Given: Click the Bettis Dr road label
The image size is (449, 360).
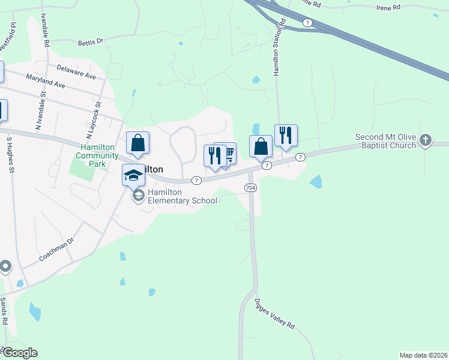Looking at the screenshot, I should pos(91,43).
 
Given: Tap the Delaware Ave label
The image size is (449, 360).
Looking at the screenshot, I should pos(77,72).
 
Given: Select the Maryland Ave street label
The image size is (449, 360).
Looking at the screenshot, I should pos(45,82).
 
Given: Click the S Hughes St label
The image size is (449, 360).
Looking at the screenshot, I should pos(10,155).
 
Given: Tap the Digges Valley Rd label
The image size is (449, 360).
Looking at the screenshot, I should pos(275,313).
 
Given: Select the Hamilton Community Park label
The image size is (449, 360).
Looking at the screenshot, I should pos(100,155).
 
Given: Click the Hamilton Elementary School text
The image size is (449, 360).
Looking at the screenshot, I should pos(182,196).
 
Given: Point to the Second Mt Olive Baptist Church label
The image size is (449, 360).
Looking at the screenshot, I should pos(385,141).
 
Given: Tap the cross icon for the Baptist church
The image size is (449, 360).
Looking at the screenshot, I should pos(426,140).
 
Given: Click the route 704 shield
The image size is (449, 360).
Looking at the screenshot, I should pos(251,188).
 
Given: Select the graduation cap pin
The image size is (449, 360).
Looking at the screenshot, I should pos(134,175).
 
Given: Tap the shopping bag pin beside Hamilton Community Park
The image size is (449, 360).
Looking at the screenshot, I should pos(137,143).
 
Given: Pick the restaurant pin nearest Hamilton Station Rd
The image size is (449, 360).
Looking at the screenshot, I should pos(286,135).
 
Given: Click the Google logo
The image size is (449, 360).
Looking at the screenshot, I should pos(19,353).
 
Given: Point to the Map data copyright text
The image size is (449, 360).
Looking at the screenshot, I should pos(423,355).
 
